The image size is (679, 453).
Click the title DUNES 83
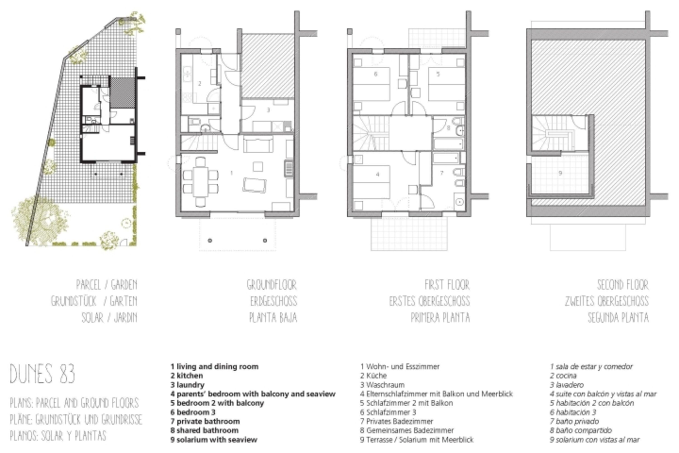coord(43,373)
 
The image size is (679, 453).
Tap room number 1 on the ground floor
coord(232,173)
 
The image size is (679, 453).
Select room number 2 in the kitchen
coord(199,84)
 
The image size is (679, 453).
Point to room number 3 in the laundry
coord(268,110)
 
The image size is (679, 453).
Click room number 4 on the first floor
coord(378,174)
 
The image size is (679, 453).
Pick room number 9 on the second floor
coord(560,173)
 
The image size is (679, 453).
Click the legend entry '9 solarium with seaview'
coord(214,440)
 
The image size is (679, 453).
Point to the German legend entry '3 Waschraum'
coord(382,385)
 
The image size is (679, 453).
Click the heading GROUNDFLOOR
coord(272,285)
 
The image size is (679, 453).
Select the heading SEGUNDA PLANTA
coord(618,318)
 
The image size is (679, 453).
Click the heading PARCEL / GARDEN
coord(107,285)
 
